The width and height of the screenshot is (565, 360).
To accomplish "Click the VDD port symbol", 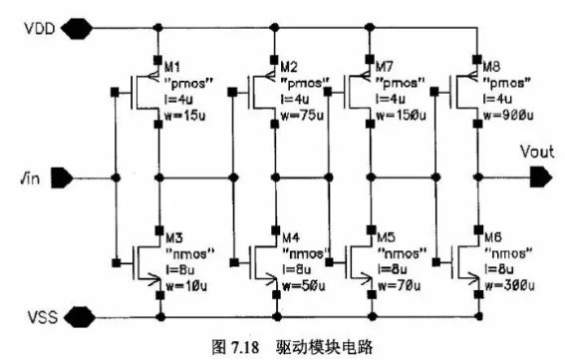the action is (77, 28).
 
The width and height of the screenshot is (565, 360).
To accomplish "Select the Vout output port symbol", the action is (541, 178).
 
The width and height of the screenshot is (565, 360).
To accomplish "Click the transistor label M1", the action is (172, 67).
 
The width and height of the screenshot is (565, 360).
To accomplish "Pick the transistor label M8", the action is (491, 67).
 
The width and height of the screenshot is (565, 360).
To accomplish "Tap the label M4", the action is (291, 237).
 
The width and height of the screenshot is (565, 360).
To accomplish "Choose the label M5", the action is (387, 237).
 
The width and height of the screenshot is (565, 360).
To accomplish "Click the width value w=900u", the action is (508, 116).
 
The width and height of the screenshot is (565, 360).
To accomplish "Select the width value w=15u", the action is (185, 116).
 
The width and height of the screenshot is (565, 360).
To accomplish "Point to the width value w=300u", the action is (509, 286).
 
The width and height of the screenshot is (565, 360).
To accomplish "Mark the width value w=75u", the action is (302, 116).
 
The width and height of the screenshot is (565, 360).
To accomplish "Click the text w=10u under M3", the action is (186, 286).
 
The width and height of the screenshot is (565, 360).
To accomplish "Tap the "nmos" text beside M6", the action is (508, 253).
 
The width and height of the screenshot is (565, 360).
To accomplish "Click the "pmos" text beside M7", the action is (401, 83).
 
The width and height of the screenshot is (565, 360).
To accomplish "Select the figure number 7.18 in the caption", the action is (245, 347).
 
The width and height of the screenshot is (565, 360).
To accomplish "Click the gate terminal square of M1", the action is (115, 93).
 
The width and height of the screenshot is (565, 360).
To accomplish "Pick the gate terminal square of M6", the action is (436, 262).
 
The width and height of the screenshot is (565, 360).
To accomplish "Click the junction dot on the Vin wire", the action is (116, 178).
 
